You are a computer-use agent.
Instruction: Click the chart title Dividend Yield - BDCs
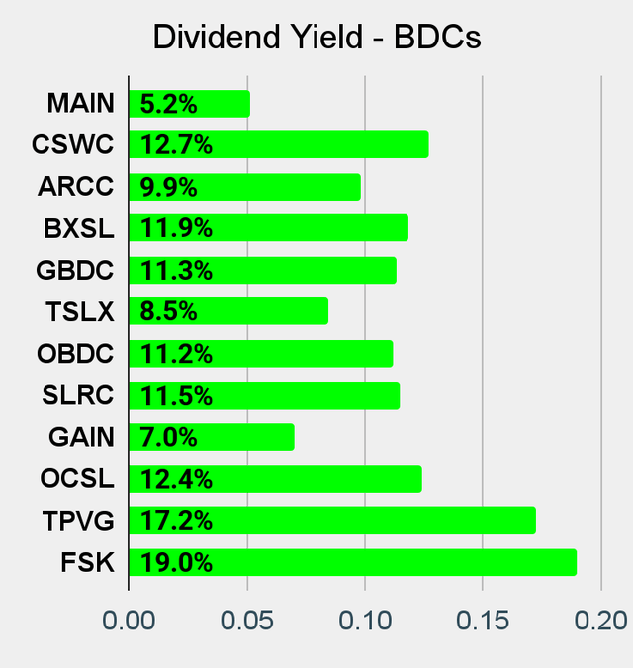click(316, 37)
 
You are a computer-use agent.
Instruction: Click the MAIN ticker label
click(80, 103)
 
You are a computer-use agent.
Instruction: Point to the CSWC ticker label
click(72, 145)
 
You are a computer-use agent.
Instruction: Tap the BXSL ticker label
click(78, 229)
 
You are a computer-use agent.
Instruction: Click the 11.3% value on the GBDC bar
click(176, 271)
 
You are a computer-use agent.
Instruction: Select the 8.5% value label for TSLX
click(169, 312)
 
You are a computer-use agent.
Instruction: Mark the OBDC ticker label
click(76, 354)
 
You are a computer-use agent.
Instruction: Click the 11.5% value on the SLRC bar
click(176, 396)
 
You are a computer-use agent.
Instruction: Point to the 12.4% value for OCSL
click(176, 480)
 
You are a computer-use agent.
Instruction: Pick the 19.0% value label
click(176, 563)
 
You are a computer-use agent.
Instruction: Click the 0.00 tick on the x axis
click(129, 621)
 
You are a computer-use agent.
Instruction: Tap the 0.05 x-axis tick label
click(246, 621)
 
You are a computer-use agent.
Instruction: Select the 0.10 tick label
click(365, 621)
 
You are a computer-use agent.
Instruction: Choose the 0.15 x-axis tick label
click(482, 621)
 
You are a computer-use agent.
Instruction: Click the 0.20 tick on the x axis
click(599, 621)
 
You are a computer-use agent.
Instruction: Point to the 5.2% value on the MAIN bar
click(169, 103)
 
